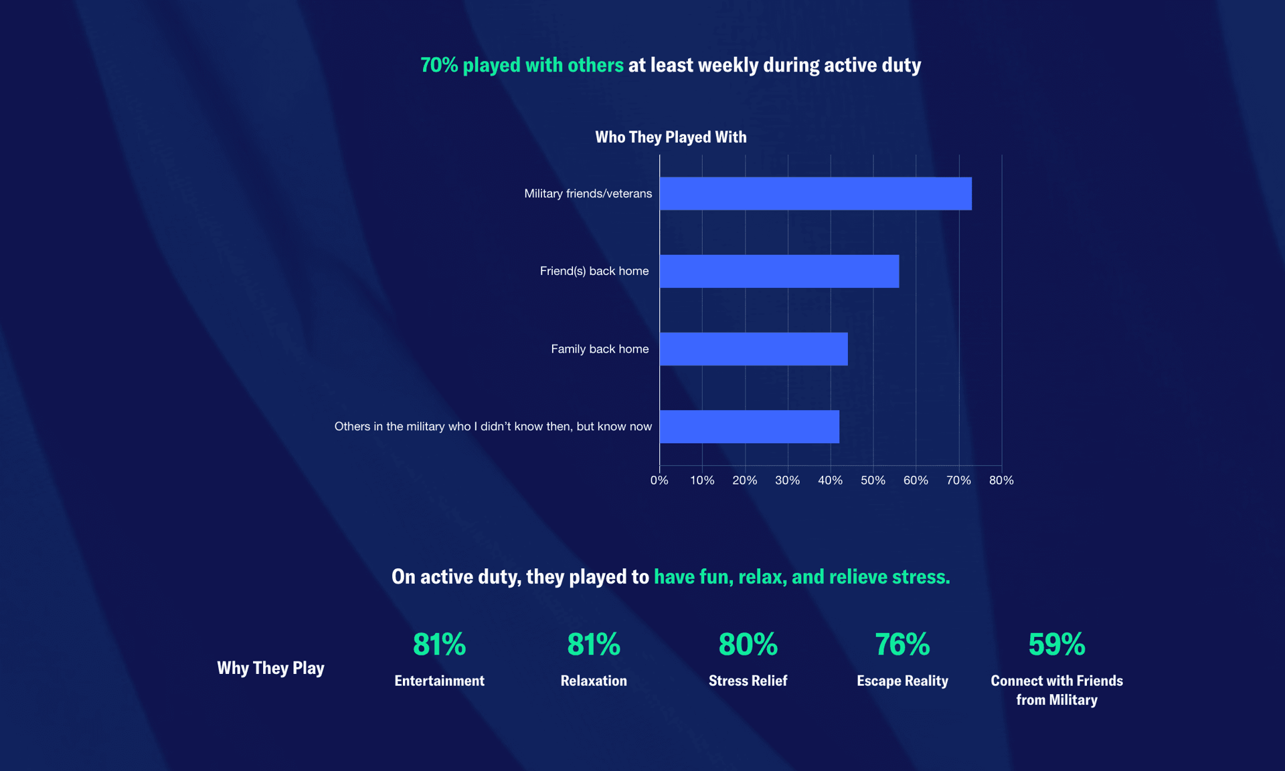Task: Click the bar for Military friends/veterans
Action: click(815, 193)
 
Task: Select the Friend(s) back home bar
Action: click(779, 271)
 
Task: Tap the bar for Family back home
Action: click(754, 349)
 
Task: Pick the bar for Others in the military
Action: click(750, 426)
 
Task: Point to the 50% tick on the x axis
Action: click(873, 481)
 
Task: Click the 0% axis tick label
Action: click(659, 481)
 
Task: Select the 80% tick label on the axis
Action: click(1001, 481)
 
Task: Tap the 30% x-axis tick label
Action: click(787, 481)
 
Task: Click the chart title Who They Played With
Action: click(671, 137)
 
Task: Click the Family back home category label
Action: click(600, 349)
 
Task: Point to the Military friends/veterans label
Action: click(588, 193)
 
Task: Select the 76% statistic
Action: click(902, 644)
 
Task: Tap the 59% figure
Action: click(1057, 644)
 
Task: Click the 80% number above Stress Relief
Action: click(748, 644)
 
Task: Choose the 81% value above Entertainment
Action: click(439, 644)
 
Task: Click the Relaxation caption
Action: click(594, 681)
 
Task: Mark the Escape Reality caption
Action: click(902, 681)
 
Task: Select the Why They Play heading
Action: click(270, 668)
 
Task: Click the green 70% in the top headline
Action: click(439, 65)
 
